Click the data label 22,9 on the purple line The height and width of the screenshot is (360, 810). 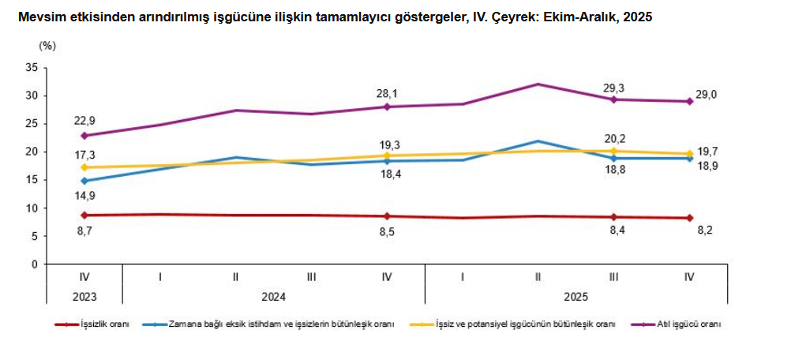84,120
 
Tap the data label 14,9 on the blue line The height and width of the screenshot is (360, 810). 84,196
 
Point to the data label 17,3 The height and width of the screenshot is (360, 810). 84,156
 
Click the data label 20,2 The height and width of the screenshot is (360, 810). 613,137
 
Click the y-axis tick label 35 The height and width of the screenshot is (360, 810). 32,68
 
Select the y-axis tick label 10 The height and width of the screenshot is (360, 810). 32,208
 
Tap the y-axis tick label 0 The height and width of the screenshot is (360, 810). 35,264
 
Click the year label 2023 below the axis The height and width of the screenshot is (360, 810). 84,297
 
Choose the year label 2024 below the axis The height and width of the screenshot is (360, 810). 273,297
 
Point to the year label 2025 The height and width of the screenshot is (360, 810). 576,297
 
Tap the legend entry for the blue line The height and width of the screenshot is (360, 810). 280,324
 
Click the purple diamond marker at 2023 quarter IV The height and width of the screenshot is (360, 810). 84,136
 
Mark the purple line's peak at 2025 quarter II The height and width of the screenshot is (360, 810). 538,84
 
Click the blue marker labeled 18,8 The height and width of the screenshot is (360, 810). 613,158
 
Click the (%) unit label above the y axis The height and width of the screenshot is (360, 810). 47,45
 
